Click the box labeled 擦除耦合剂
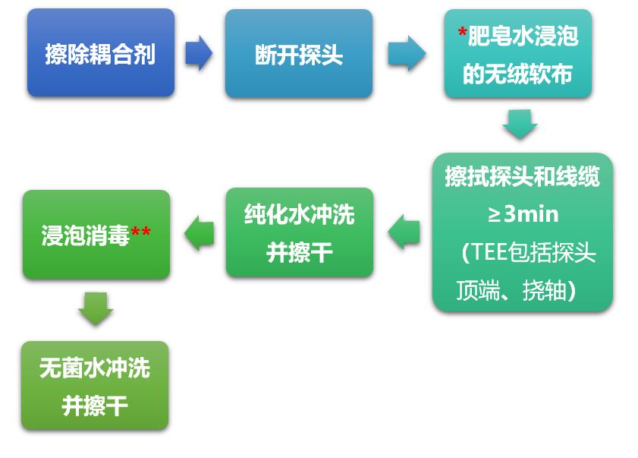pos(101,53)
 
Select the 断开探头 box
pos(299,53)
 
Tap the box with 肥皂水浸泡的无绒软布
pos(518,53)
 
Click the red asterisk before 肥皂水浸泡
pos(462,35)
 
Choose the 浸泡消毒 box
pos(96,234)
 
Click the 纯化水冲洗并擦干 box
pos(300,232)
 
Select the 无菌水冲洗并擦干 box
pos(95,385)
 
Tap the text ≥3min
pos(523,214)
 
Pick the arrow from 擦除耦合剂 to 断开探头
pos(199,52)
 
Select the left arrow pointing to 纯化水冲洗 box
pos(404,232)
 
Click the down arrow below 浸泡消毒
pos(96,308)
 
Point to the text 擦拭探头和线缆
pos(522,177)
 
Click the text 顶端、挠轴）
pos(517,290)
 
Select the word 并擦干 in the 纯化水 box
pos(300,252)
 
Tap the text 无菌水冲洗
pos(95,368)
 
